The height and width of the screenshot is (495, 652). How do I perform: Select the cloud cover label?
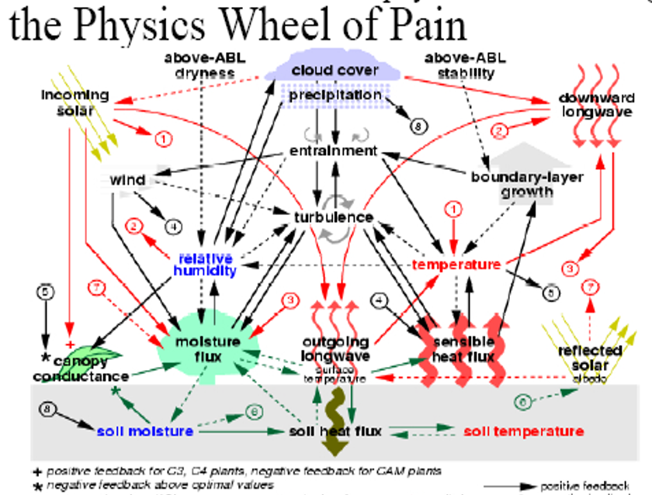pos(335,71)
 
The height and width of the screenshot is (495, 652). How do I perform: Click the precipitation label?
pos(335,95)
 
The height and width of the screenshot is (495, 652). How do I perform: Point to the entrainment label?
pos(333,151)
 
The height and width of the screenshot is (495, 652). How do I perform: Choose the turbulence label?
pos(334,217)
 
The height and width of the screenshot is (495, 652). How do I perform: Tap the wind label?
pos(127,180)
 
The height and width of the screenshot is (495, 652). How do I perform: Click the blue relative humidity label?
pos(207,264)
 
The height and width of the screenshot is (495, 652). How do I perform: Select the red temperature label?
pos(456,265)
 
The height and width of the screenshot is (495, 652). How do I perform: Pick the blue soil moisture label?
pos(145,431)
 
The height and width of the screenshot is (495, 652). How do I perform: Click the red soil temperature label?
pos(523,431)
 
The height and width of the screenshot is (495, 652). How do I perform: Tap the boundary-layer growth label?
pos(527,184)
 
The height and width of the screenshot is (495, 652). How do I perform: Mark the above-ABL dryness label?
pos(199,65)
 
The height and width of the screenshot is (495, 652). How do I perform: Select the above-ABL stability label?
pos(460,65)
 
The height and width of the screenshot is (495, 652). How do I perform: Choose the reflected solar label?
pos(590,358)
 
